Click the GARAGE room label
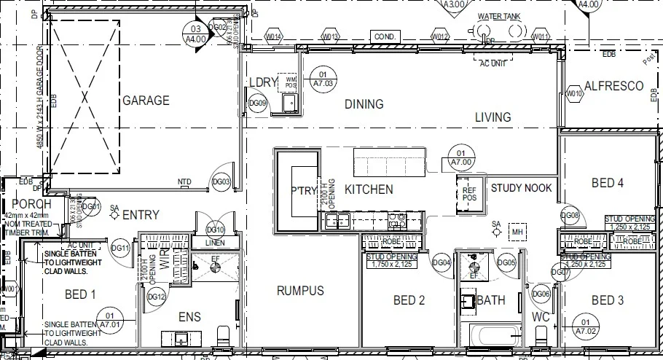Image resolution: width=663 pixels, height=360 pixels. click(x=146, y=101)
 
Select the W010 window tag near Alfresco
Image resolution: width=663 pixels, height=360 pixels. click(x=575, y=93)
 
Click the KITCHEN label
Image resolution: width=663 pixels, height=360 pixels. click(x=369, y=189)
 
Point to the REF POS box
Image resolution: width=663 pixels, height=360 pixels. click(x=469, y=194)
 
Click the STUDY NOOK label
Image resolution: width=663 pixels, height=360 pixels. click(x=521, y=188)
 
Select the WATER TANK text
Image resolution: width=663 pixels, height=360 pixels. click(x=499, y=16)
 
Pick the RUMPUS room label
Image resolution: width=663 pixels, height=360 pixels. click(x=300, y=291)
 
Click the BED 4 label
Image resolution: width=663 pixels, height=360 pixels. click(x=607, y=183)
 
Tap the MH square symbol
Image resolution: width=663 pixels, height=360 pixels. click(x=518, y=232)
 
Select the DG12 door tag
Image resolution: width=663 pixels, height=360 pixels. click(x=157, y=297)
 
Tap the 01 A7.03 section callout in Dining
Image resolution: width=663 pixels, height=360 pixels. click(x=321, y=78)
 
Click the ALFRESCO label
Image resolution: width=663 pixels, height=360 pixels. click(x=613, y=86)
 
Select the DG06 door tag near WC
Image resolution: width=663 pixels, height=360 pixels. click(x=540, y=294)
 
